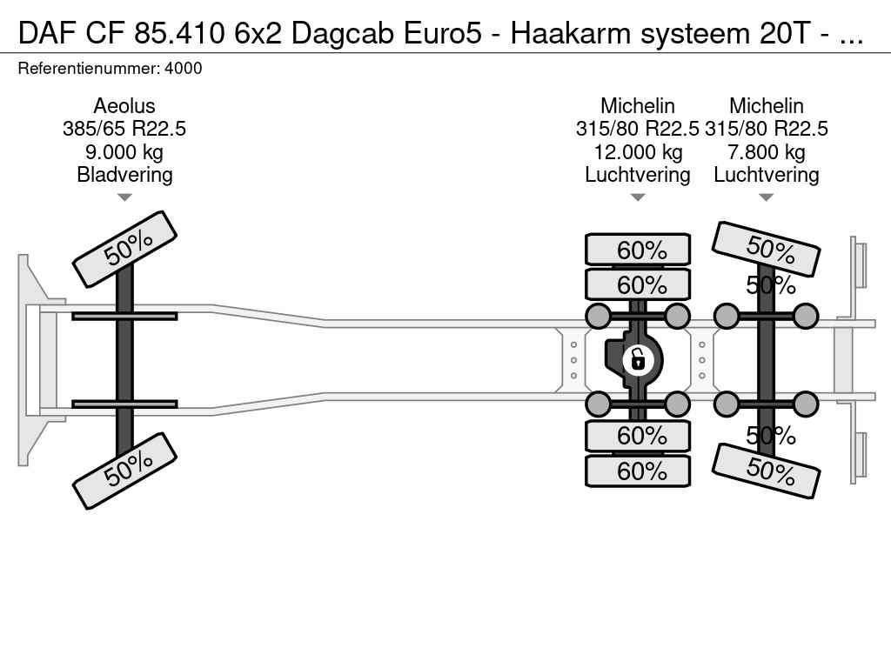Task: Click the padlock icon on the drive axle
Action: point(638,360)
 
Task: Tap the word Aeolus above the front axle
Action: point(124,106)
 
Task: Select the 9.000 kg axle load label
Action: point(124,152)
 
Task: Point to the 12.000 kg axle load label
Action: point(638,152)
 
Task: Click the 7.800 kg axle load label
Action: point(767,152)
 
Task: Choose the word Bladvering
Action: point(124,175)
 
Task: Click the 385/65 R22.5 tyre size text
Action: point(124,129)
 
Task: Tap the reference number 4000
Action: point(184,69)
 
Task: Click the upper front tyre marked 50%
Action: point(125,250)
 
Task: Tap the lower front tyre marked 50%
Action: point(125,471)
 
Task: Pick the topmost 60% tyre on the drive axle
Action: point(638,250)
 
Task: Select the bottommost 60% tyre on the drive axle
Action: point(638,471)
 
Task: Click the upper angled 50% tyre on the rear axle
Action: point(766,249)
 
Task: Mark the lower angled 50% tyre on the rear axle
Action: point(766,471)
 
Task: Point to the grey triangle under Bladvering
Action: point(124,197)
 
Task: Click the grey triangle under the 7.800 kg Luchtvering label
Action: point(767,197)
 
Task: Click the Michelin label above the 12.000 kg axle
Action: point(638,106)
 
